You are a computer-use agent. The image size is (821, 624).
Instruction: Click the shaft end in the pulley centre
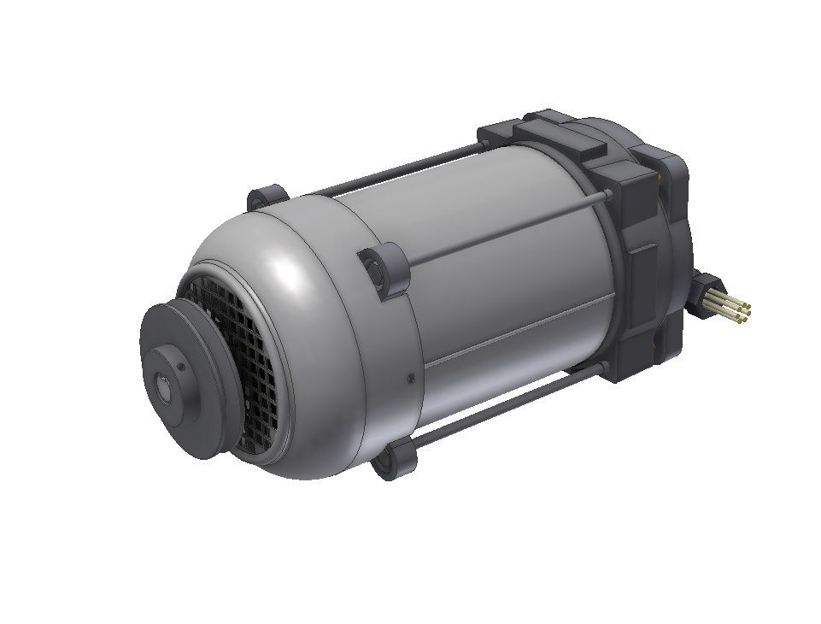[x=161, y=386]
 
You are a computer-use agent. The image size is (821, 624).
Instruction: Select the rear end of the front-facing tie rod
[x=608, y=200]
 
